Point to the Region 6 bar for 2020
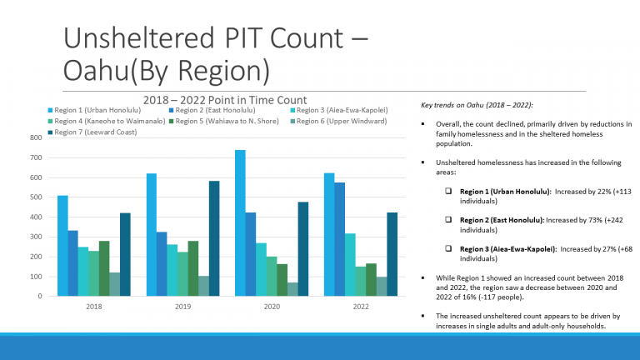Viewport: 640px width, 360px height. pos(292,289)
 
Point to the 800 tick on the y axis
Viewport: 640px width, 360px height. pos(35,137)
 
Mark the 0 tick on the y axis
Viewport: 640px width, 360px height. pos(39,296)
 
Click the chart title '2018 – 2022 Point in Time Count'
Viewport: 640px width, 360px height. pos(225,100)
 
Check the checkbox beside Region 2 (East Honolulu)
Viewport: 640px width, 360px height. pos(448,219)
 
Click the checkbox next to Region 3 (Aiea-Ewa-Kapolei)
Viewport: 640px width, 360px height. pos(448,248)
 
